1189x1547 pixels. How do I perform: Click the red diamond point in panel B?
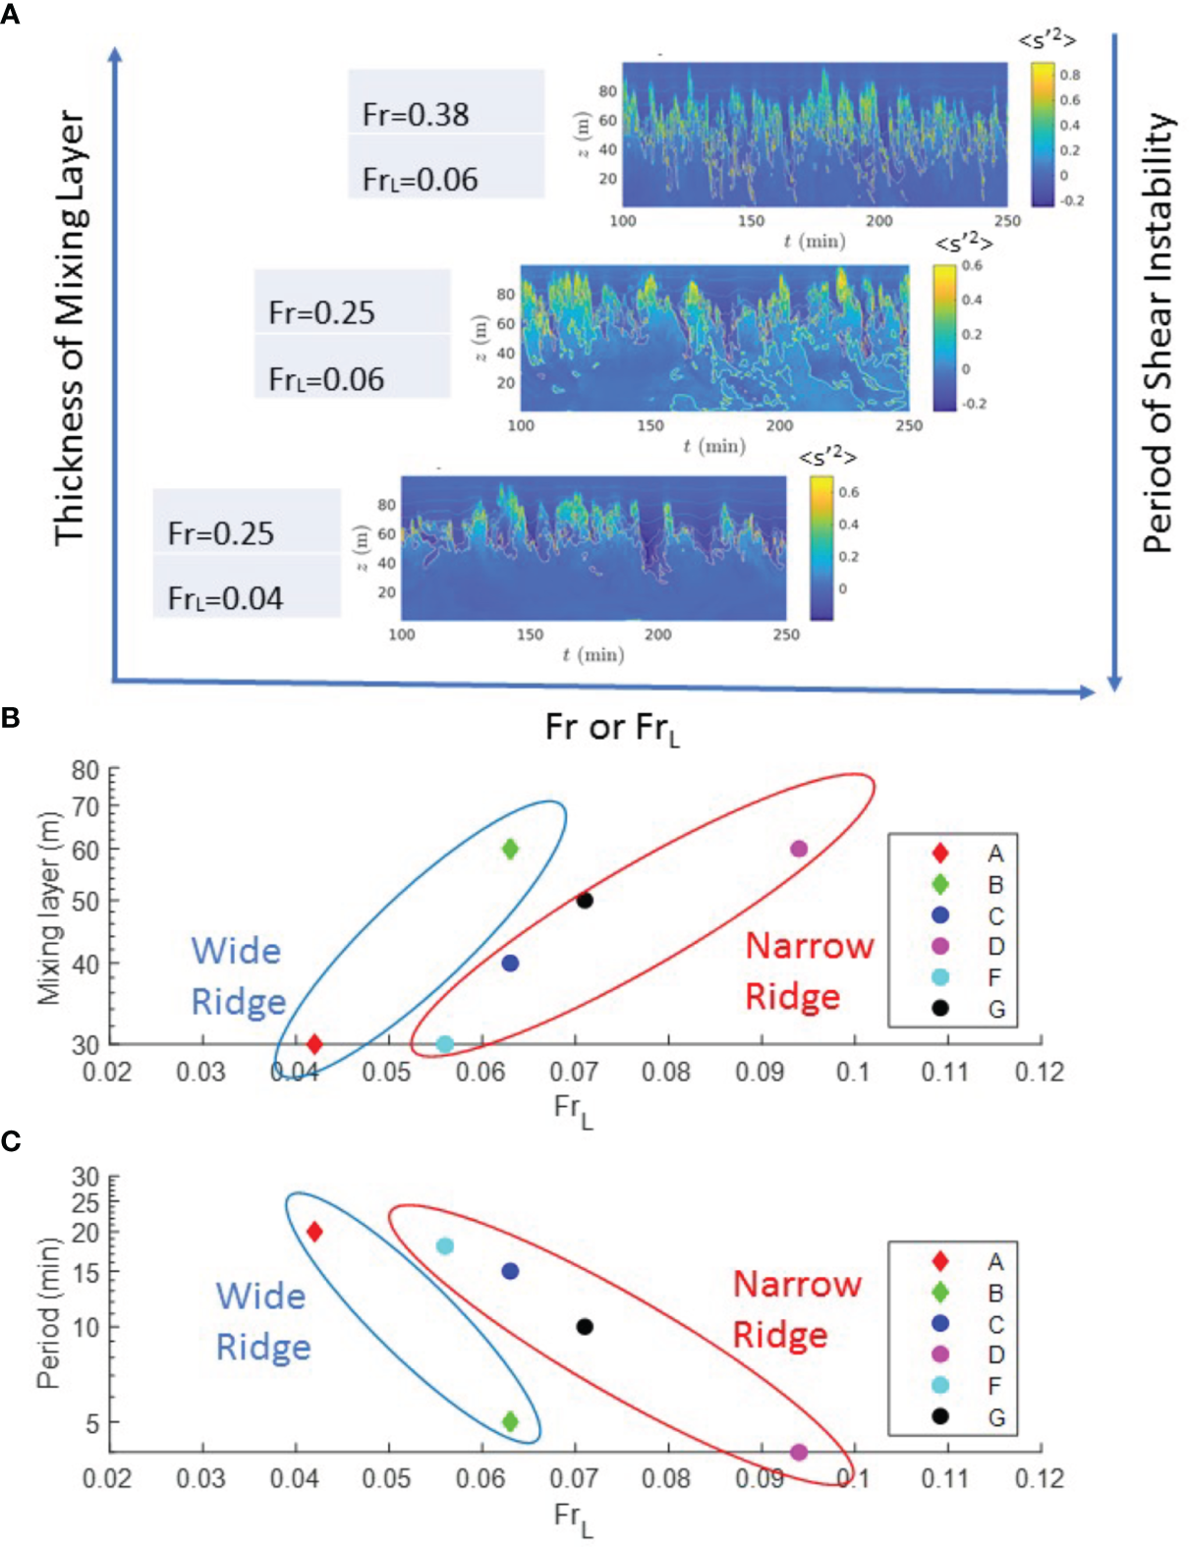coord(314,1044)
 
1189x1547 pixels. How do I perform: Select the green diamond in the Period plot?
coord(510,1421)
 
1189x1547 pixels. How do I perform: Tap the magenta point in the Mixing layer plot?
coord(799,849)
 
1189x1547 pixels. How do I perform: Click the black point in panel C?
coord(585,1327)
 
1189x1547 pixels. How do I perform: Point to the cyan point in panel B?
coord(444,1044)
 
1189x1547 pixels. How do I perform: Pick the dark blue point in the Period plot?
coord(510,1271)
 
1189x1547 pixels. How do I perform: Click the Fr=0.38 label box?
coord(445,102)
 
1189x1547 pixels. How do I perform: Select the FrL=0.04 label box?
coord(246,587)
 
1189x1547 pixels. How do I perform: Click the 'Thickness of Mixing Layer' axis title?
coord(70,328)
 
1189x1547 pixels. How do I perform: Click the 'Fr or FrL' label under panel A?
coord(611,729)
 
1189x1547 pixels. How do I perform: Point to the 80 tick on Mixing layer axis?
coord(85,771)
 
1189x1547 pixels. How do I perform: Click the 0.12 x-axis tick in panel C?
coord(1039,1479)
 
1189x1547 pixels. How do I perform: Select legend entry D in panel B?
coord(952,946)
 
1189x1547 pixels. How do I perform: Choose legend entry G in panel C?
coord(952,1416)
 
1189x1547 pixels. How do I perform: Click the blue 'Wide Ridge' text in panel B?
coord(238,975)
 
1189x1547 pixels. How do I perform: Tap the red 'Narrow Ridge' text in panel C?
coord(796,1308)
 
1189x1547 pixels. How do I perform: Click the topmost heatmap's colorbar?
coord(1042,134)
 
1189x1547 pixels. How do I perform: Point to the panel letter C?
coord(11,1141)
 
